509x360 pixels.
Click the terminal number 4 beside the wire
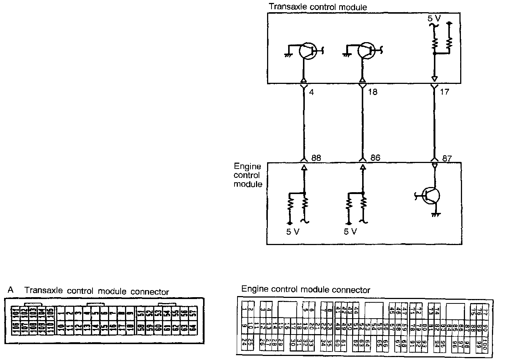pos(311,92)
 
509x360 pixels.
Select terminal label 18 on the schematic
pos(373,92)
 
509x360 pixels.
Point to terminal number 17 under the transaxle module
pos(444,92)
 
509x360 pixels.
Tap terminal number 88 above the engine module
pos(316,158)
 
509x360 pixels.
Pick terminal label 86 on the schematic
pos(375,158)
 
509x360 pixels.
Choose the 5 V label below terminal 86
pos(350,232)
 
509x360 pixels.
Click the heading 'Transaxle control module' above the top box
pos(318,7)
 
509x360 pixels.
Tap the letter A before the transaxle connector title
pos(10,290)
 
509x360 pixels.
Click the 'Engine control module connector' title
pos(306,290)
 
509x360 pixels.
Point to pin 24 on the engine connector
pos(244,342)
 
